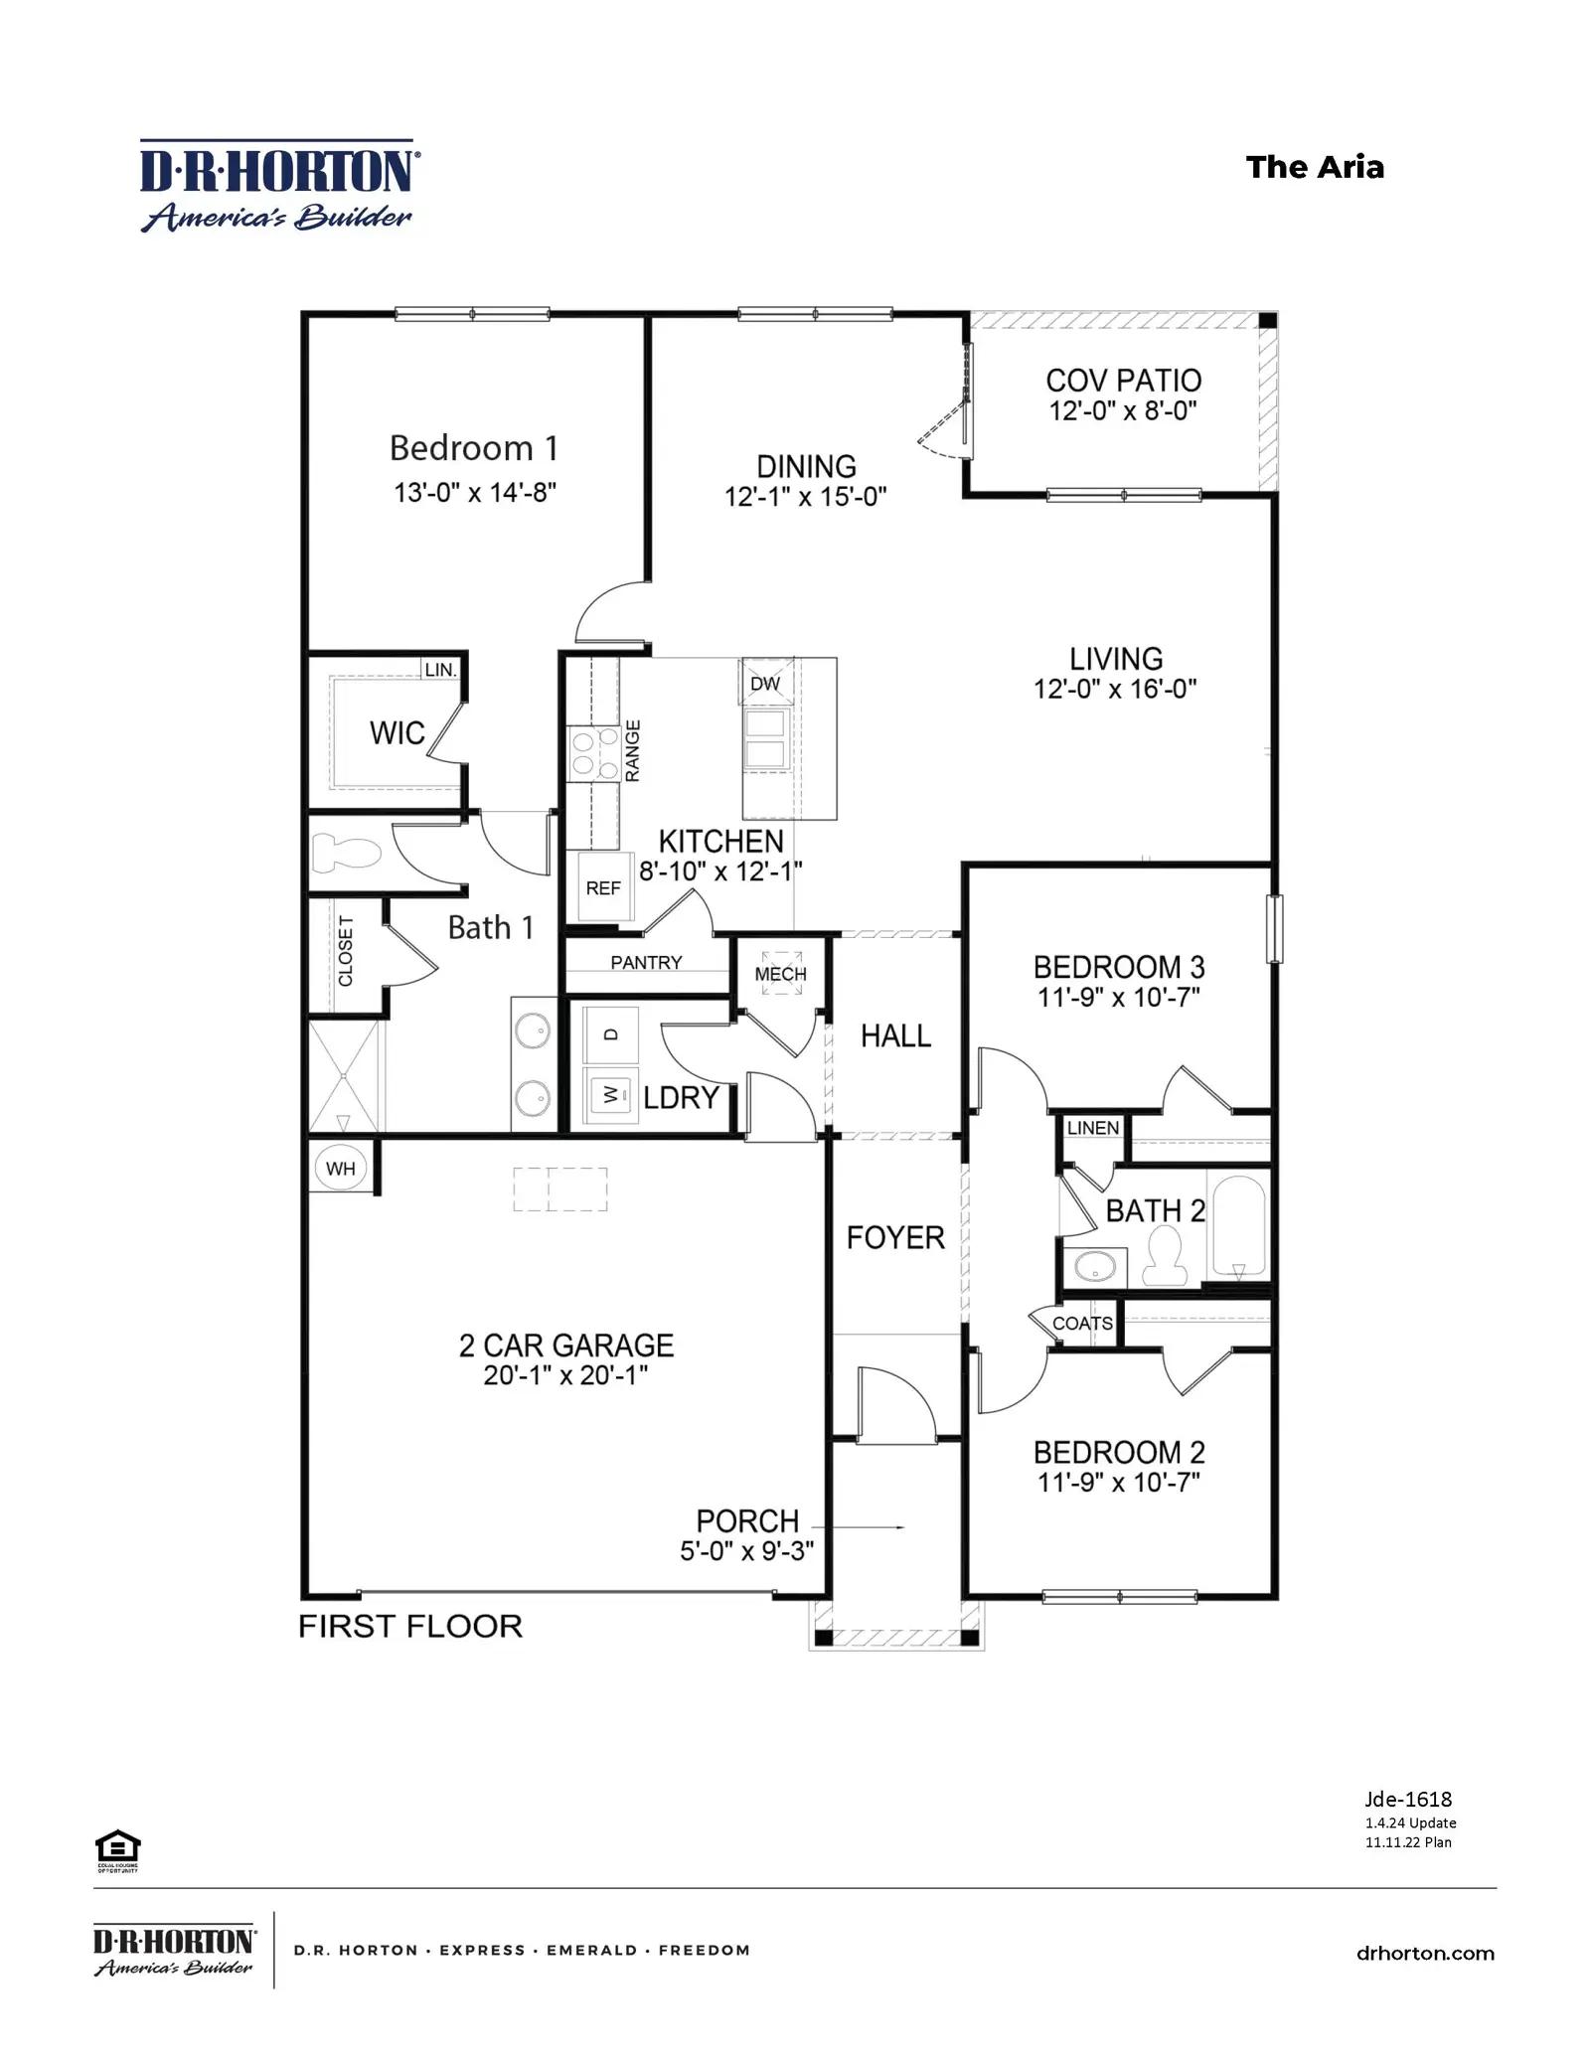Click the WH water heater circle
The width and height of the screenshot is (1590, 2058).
click(x=340, y=1168)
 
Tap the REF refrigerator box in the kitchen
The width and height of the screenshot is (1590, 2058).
click(x=602, y=887)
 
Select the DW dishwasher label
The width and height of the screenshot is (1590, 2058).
click(x=765, y=684)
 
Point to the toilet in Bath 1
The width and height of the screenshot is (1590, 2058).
click(x=347, y=853)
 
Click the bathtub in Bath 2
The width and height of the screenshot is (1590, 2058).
click(x=1238, y=1225)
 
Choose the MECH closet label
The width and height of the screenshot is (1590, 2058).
click(x=780, y=974)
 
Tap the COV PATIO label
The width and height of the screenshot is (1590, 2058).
click(x=1123, y=381)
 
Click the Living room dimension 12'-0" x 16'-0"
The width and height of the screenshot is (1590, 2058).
click(x=1115, y=689)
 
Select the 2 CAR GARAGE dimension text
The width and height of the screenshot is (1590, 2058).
click(x=565, y=1375)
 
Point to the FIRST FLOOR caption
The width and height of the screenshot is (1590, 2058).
click(x=410, y=1626)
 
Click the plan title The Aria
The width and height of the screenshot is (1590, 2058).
click(x=1315, y=167)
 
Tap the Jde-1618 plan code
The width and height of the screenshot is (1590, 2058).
click(x=1408, y=1799)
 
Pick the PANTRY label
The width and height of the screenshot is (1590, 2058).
click(x=646, y=962)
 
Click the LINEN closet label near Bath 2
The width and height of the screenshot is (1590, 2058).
click(x=1093, y=1128)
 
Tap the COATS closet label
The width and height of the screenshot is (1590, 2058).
click(x=1082, y=1324)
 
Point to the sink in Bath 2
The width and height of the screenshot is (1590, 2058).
click(x=1096, y=1266)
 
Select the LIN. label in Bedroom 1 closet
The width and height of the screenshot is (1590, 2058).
click(x=440, y=670)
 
